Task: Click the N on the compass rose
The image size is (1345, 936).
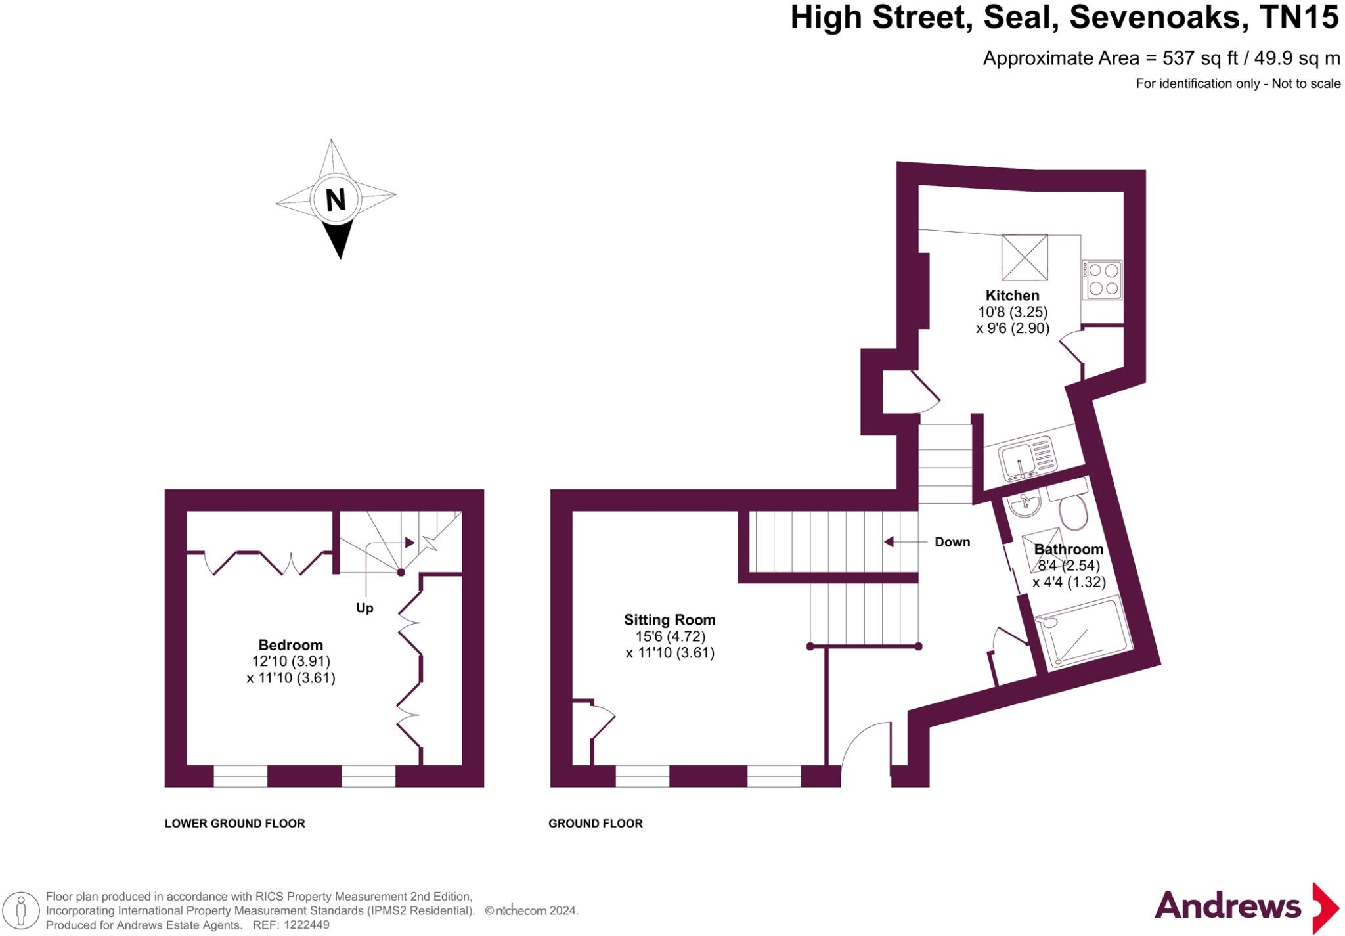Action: (336, 199)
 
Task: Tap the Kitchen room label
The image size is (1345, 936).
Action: (1012, 296)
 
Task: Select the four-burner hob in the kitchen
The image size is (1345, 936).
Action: (1103, 280)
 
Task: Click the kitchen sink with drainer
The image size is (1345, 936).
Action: (1028, 457)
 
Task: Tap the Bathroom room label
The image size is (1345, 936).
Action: (1069, 549)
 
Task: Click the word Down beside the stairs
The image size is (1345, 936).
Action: (952, 542)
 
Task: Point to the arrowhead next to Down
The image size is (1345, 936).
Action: (889, 542)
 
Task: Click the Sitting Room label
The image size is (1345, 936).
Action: (669, 619)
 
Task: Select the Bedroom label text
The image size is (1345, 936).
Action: (290, 645)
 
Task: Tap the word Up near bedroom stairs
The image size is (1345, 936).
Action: (364, 608)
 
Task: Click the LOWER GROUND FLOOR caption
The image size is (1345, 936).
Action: (234, 823)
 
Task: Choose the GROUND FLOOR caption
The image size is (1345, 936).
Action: (596, 823)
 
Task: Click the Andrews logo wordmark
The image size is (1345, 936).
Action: (1227, 906)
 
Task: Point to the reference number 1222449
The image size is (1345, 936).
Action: (306, 925)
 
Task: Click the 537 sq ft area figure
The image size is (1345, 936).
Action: (1200, 58)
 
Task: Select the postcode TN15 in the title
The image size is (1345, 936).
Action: (1299, 17)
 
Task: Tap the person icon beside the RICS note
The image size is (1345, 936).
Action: (21, 911)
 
